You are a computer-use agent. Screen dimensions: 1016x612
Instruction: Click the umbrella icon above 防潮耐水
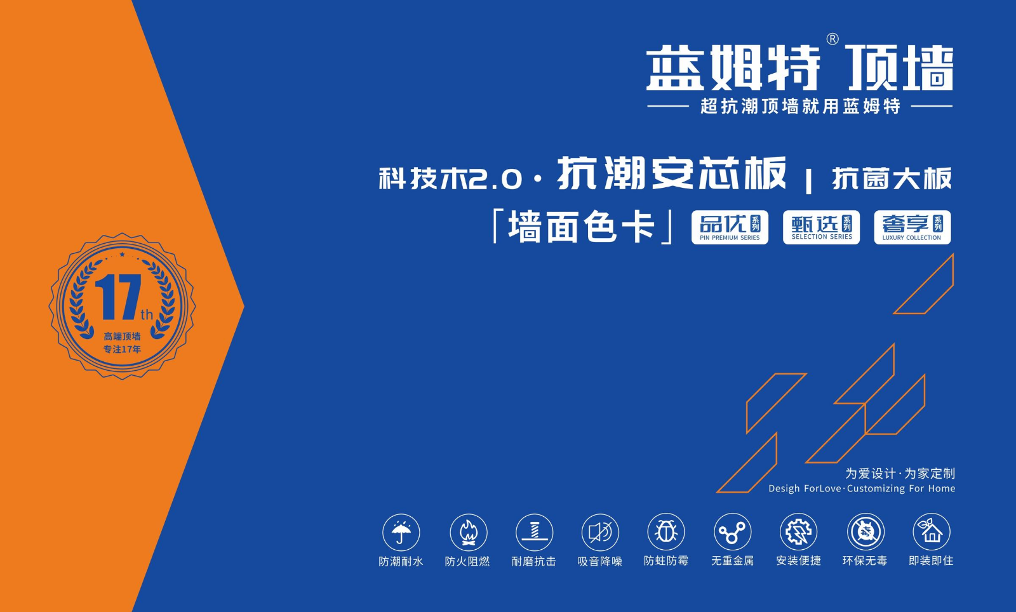[x=401, y=532]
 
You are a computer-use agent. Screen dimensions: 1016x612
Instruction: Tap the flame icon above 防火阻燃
[x=468, y=532]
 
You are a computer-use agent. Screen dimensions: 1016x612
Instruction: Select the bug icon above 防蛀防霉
[x=666, y=532]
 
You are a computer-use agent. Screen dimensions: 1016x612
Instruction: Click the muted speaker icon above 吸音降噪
[x=600, y=532]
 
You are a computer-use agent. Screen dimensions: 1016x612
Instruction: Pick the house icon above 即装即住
[x=931, y=532]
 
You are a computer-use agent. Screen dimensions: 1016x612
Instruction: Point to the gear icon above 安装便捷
[x=798, y=532]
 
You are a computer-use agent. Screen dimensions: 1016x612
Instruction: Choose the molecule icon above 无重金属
[x=732, y=532]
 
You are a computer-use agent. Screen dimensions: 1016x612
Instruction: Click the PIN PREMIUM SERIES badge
[x=730, y=227]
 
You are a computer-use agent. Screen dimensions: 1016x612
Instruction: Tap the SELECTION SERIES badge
[x=822, y=227]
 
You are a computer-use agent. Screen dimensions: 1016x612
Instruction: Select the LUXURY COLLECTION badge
[x=912, y=227]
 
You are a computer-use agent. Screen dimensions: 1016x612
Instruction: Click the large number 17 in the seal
[x=118, y=297]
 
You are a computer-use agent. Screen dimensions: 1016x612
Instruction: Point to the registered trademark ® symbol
[x=832, y=39]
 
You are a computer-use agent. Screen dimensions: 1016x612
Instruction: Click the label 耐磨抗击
[x=534, y=561]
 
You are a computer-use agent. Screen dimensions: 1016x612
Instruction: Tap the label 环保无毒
[x=865, y=561]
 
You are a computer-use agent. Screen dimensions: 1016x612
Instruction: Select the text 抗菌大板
[x=892, y=178]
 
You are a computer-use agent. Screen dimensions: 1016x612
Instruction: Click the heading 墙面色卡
[x=582, y=226]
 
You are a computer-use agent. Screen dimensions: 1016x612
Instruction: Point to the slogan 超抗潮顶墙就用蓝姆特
[x=800, y=106]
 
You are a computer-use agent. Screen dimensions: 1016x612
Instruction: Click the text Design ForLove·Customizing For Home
[x=862, y=489]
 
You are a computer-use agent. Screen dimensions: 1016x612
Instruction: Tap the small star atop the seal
[x=122, y=255]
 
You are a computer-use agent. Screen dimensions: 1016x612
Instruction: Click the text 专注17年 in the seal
[x=122, y=350]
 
